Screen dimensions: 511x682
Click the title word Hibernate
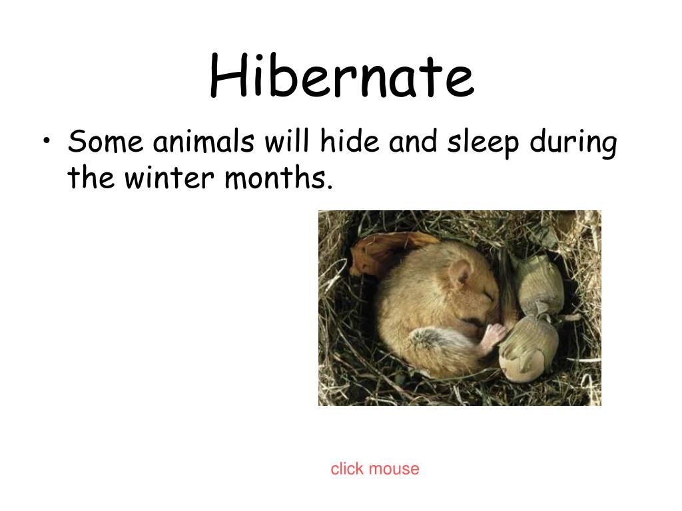click(341, 77)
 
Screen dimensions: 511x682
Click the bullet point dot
click(46, 142)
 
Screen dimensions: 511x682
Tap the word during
click(573, 143)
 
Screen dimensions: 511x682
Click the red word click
click(347, 469)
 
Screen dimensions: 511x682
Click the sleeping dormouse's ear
click(460, 273)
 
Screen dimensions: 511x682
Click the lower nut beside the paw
click(529, 346)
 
